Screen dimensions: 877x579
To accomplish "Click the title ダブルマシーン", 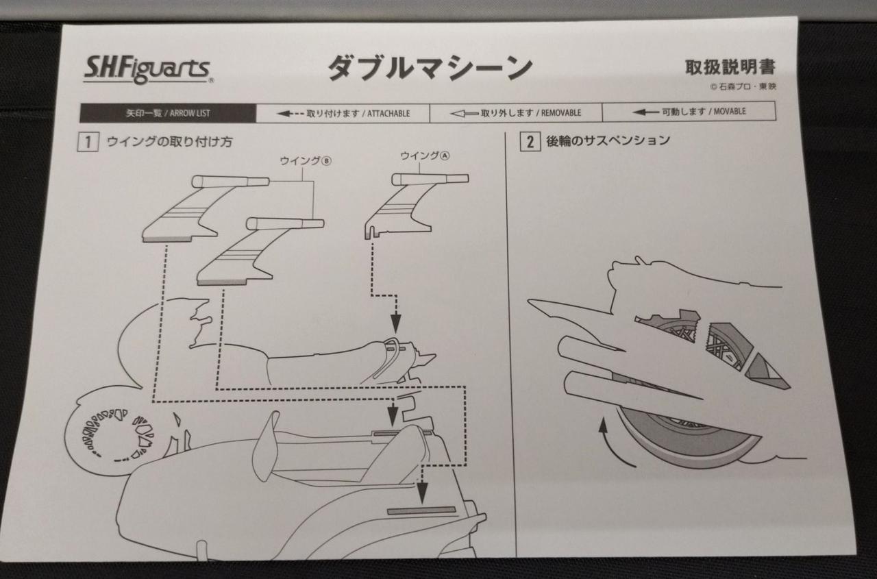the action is pyautogui.click(x=430, y=69).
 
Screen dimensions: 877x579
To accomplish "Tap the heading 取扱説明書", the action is pyautogui.click(x=730, y=67).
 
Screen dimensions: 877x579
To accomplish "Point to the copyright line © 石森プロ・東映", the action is pyautogui.click(x=743, y=86).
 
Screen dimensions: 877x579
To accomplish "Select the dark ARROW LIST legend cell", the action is pyautogui.click(x=168, y=114).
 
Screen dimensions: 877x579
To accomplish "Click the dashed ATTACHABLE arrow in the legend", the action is pyautogui.click(x=290, y=114).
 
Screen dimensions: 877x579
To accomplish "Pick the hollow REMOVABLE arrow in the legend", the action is pyautogui.click(x=465, y=114).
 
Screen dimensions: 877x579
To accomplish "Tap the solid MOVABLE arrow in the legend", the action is pyautogui.click(x=646, y=112).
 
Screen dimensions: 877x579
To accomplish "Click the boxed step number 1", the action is pyautogui.click(x=88, y=142).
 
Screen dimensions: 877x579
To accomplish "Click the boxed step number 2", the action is pyautogui.click(x=530, y=141).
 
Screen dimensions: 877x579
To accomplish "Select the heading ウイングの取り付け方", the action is pyautogui.click(x=169, y=141).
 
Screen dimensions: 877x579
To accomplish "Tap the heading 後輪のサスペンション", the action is pyautogui.click(x=608, y=140).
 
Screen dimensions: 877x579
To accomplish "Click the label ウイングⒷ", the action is pyautogui.click(x=306, y=161).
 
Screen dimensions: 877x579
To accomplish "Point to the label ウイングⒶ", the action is pyautogui.click(x=425, y=156).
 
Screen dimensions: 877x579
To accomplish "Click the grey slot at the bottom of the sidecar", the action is pyautogui.click(x=421, y=510).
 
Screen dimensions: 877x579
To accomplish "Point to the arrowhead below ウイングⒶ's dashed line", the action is pyautogui.click(x=396, y=323).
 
